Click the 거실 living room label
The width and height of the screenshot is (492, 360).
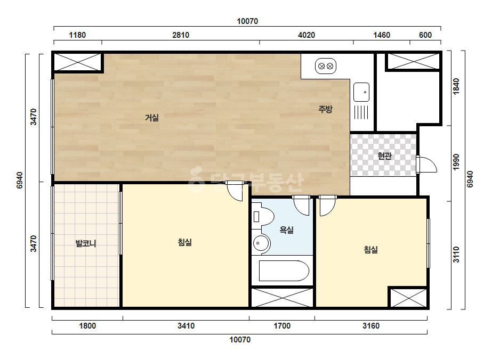click(152, 118)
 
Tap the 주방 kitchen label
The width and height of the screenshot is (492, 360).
click(325, 109)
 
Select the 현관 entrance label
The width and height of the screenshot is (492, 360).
click(384, 156)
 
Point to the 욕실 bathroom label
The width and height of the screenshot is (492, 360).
click(286, 230)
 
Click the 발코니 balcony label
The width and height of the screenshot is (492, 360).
click(86, 243)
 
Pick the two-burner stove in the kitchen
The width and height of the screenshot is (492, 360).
click(326, 66)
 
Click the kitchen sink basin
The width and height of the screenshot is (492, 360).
click(361, 92)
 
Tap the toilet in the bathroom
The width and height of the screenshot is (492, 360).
click(263, 216)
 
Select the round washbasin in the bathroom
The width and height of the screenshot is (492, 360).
click(261, 243)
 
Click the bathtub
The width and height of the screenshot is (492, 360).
click(284, 271)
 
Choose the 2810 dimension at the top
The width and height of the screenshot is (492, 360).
click(181, 35)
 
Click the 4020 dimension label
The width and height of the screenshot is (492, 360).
click(307, 35)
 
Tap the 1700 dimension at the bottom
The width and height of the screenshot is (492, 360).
click(282, 326)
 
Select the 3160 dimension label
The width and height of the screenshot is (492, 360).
click(371, 326)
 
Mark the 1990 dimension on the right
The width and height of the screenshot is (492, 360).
click(456, 162)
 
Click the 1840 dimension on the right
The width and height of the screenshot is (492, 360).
click(456, 86)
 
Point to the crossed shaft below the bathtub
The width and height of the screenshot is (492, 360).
click(282, 297)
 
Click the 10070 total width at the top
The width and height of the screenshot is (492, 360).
click(247, 21)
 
